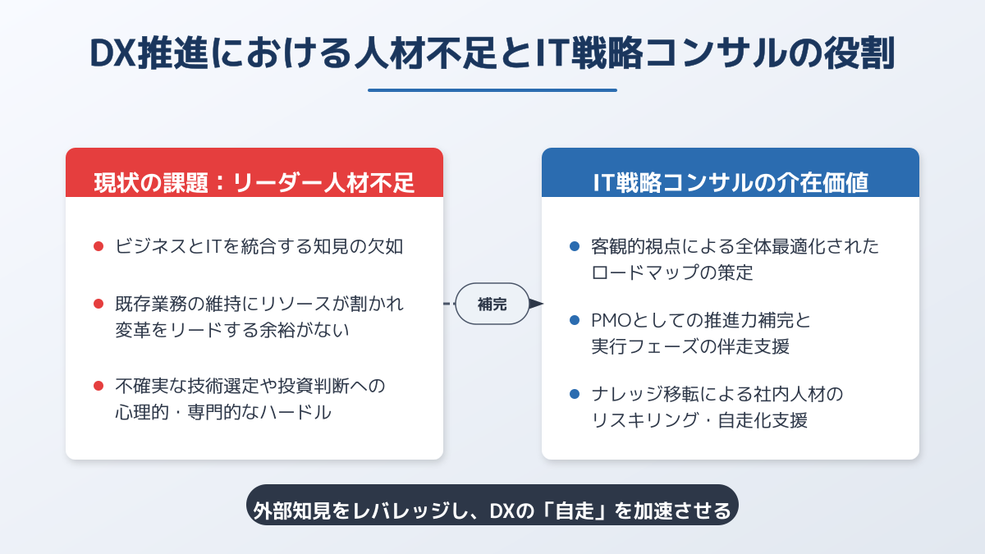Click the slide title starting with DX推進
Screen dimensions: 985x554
492,53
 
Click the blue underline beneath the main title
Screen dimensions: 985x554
492,90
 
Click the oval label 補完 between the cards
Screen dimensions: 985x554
492,304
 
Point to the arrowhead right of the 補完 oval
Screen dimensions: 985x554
537,304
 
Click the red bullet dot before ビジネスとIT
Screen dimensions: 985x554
98,246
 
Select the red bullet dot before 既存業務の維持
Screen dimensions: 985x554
98,304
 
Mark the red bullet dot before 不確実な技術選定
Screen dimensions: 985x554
98,386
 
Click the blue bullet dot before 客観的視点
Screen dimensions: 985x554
575,246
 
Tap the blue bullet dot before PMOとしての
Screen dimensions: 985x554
575,320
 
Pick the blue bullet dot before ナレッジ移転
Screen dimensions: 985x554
575,394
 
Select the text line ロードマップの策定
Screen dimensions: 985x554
672,272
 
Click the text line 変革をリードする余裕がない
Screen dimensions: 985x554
231,330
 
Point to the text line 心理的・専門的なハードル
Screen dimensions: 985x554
223,412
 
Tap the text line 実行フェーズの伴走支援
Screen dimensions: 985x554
690,346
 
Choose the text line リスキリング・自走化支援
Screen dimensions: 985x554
699,420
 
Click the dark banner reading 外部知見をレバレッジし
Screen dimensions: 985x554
492,506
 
